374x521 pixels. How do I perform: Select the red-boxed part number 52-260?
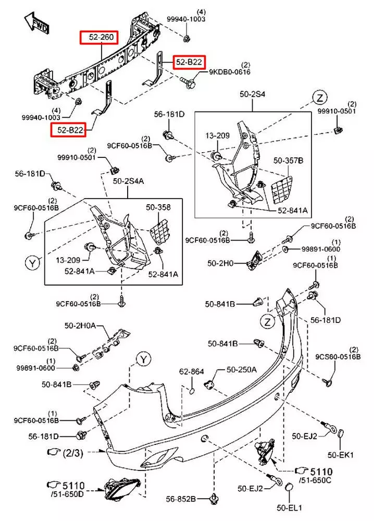tap(99, 38)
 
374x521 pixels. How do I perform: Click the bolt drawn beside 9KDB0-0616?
tap(188, 81)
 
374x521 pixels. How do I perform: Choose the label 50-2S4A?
tap(129, 181)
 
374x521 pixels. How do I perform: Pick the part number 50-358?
tap(158, 207)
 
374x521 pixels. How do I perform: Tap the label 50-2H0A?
tap(81, 326)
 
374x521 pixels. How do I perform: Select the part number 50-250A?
tap(241, 370)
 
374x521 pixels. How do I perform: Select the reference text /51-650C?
tap(315, 479)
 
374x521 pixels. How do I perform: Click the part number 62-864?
tap(191, 371)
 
